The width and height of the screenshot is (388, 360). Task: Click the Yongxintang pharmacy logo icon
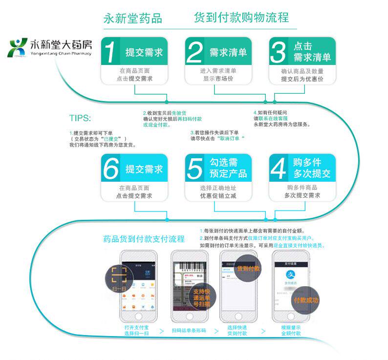(x=18, y=47)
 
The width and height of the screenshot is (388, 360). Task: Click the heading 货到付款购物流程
(x=241, y=18)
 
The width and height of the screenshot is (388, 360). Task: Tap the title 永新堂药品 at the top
(x=132, y=19)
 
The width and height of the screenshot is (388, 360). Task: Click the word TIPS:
(x=80, y=118)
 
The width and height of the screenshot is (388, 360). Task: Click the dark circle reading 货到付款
(x=248, y=269)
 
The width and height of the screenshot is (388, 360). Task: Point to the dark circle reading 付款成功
(x=305, y=299)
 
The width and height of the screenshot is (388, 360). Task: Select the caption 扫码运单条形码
(x=189, y=331)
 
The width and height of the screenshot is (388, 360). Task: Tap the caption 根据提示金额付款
(x=291, y=330)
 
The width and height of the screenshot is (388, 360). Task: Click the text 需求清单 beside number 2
(x=228, y=52)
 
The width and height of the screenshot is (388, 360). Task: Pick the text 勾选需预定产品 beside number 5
(x=228, y=169)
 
